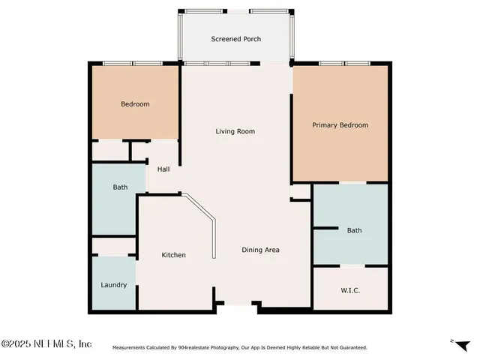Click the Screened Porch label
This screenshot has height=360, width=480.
[235, 39]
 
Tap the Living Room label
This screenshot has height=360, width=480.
[235, 131]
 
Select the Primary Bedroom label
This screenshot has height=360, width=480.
[340, 125]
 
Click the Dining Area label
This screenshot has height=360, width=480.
[260, 250]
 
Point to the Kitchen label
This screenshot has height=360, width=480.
[173, 255]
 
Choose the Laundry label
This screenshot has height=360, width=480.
[114, 285]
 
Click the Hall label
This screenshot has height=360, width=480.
[163, 169]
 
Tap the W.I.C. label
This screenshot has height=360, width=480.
[350, 289]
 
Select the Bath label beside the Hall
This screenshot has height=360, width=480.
[120, 187]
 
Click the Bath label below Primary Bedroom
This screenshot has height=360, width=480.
[354, 230]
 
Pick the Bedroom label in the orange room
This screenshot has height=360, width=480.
[135, 104]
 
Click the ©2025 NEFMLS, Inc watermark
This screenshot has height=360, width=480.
[46, 343]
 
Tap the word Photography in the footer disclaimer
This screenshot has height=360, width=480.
[221, 348]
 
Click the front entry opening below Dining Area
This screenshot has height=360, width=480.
[238, 303]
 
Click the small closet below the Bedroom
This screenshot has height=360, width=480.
[110, 150]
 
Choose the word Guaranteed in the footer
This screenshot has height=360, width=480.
[350, 348]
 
